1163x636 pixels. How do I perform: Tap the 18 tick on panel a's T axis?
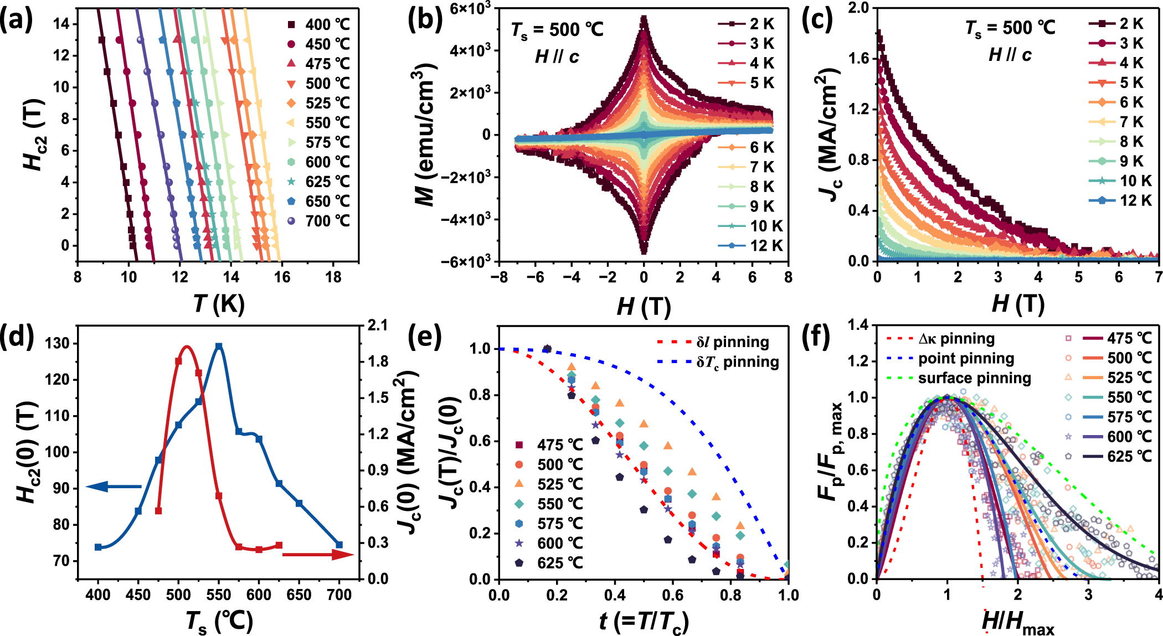coord(333,277)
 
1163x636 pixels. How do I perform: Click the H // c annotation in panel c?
coord(1010,55)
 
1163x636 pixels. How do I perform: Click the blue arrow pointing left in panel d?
coord(114,487)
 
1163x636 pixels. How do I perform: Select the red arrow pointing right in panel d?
coord(318,554)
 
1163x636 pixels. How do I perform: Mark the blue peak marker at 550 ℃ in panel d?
coord(219,347)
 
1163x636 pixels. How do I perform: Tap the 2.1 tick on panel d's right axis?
coord(378,325)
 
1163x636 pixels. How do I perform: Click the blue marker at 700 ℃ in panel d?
coord(339,545)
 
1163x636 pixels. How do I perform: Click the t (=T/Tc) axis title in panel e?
coord(644,622)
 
